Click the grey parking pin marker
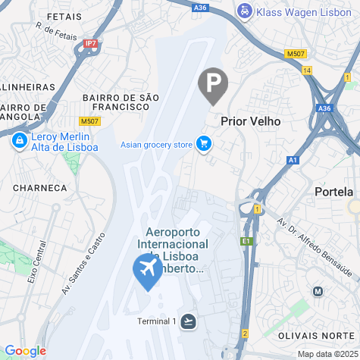click(213, 84)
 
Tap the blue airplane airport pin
click(147, 271)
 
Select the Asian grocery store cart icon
click(203, 143)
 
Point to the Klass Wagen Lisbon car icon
click(245, 11)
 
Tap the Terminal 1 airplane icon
click(188, 321)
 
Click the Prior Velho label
click(251, 121)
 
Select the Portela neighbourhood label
click(334, 192)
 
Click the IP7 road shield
click(92, 44)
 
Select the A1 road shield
click(293, 160)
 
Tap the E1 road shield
click(246, 241)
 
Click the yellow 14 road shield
click(306, 70)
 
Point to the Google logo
click(25, 350)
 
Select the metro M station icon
click(318, 291)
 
